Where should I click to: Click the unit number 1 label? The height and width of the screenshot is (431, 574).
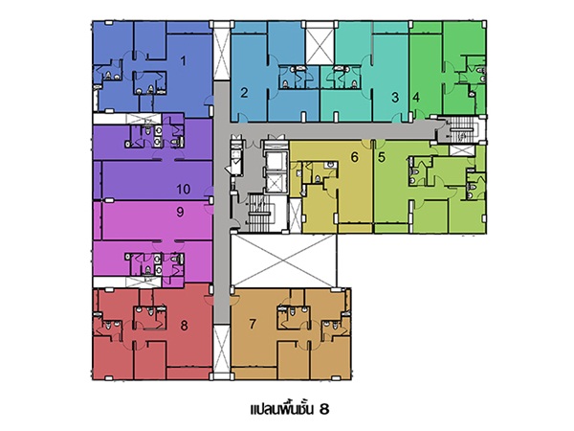point(184,61)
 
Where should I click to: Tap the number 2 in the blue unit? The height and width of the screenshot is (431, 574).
point(244,93)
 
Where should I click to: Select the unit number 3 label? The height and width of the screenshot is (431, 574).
point(395,98)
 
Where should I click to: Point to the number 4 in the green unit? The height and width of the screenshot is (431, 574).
point(416,98)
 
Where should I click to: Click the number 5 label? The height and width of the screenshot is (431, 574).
point(382,157)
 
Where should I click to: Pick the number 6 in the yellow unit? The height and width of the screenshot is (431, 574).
point(354,157)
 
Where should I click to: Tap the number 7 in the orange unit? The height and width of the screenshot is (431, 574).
point(253,324)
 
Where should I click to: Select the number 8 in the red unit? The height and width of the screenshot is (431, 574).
point(184,325)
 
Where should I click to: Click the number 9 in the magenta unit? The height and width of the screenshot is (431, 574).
point(180,212)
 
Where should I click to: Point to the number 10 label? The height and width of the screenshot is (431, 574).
point(184,189)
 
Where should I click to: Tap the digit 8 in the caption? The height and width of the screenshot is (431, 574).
point(324,409)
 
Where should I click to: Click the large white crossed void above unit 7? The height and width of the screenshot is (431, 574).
point(284,261)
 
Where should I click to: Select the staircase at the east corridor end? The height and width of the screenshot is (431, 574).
point(461,129)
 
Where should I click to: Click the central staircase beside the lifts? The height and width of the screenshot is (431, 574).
point(259,214)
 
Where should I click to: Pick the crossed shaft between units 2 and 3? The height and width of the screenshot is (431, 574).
point(320,46)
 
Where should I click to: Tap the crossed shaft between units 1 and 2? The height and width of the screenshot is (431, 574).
point(222,54)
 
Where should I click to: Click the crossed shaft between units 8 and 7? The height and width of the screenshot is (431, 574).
point(222,350)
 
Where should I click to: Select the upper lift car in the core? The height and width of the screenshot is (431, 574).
point(275,162)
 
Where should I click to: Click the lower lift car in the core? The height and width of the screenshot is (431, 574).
point(275,183)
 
